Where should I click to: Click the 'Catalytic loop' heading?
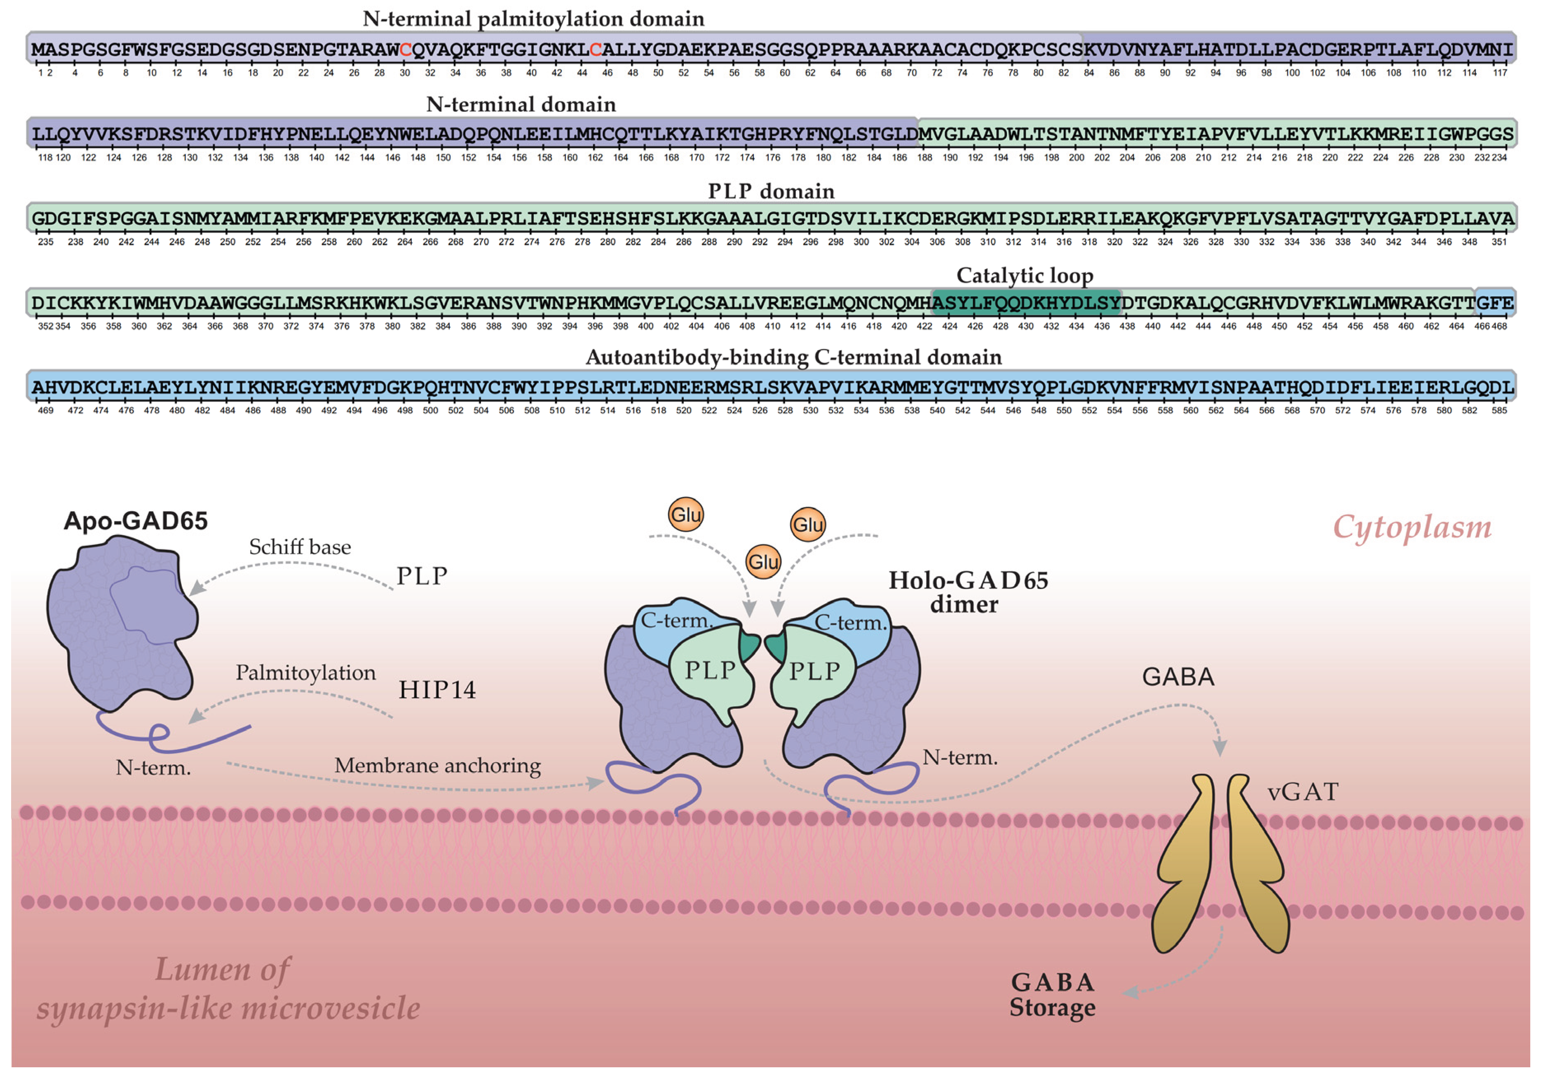pos(1024,275)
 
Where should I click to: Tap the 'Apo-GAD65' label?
pos(136,521)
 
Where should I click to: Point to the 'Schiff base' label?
pos(300,547)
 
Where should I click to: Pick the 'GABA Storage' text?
pos(1052,995)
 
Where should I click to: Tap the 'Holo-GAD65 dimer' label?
pos(968,592)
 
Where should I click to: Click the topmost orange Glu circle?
pos(686,515)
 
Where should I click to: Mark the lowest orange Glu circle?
pos(763,561)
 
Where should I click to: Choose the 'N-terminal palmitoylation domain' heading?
pos(534,19)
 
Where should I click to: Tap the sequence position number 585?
pos(1499,410)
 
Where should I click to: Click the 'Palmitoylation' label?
pos(305,673)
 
